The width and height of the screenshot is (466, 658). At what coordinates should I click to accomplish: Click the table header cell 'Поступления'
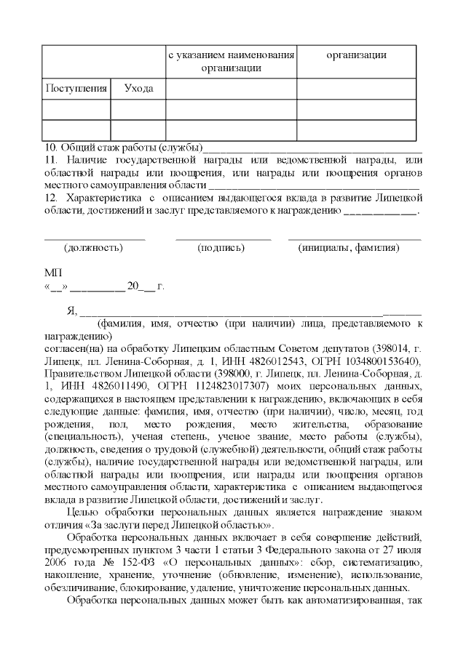coord(76,89)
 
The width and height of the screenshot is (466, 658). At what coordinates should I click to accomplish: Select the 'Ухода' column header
coord(138,89)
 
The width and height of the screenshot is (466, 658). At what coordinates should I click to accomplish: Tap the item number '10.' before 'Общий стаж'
coord(51,147)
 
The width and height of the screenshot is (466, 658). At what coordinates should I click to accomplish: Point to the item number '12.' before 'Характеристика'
coord(51,198)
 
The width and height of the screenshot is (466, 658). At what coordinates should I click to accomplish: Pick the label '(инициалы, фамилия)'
coord(349,248)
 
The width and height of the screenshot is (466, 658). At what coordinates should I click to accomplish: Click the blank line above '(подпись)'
coord(223,237)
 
